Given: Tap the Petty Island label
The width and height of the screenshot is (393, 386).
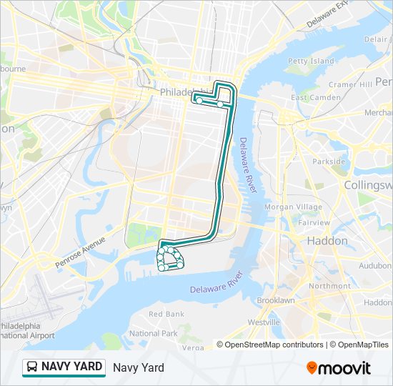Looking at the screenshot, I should point(311,61).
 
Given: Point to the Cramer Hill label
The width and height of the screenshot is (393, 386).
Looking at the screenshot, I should point(351,84).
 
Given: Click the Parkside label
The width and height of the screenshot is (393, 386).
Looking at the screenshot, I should point(329,162).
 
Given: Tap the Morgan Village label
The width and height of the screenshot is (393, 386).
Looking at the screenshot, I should point(293,207).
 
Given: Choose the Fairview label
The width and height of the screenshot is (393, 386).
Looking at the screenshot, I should point(314,222).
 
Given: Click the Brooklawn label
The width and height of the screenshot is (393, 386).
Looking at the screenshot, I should point(275,301).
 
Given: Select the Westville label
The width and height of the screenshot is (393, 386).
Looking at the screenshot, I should point(264,322).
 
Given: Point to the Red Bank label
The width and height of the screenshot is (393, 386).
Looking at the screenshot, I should point(166,314).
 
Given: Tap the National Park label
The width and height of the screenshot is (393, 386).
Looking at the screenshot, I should point(154,333).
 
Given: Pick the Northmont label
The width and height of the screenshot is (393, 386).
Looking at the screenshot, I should point(329,285).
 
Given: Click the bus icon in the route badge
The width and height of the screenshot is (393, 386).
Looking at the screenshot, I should point(32,367).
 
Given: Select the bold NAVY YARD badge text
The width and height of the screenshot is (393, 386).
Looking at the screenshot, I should point(71,367).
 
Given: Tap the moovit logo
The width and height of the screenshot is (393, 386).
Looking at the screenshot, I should point(339,368).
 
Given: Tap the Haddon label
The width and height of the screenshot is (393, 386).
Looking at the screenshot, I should point(327,241).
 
